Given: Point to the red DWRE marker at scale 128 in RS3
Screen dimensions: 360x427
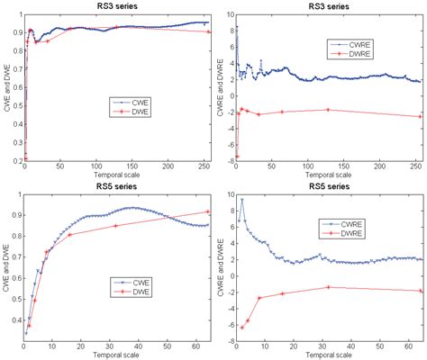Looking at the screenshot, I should click(x=327, y=110).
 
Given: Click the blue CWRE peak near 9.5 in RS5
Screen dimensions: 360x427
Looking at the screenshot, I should click(x=241, y=199).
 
